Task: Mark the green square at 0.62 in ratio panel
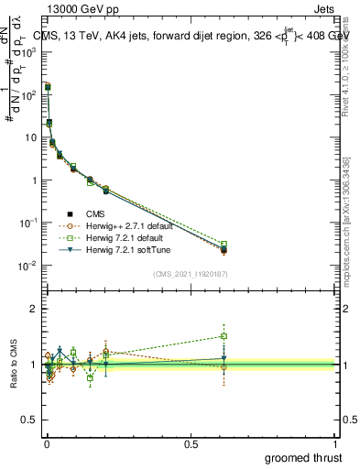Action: [x=224, y=336]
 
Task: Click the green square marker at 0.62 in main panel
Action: [x=224, y=245]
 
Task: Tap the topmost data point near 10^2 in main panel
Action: [x=47, y=86]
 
